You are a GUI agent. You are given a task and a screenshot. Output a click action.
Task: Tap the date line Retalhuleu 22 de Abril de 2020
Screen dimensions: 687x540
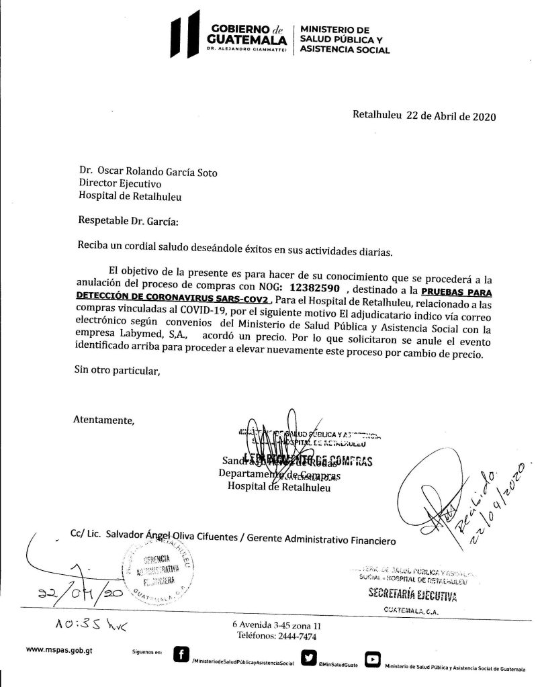[424, 115]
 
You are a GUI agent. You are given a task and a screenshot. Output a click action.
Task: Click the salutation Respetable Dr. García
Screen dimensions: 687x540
[130, 220]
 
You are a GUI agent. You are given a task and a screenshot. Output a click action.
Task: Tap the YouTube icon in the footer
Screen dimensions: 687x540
[372, 659]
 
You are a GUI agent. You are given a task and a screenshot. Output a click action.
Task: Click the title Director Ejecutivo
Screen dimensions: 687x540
[120, 183]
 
